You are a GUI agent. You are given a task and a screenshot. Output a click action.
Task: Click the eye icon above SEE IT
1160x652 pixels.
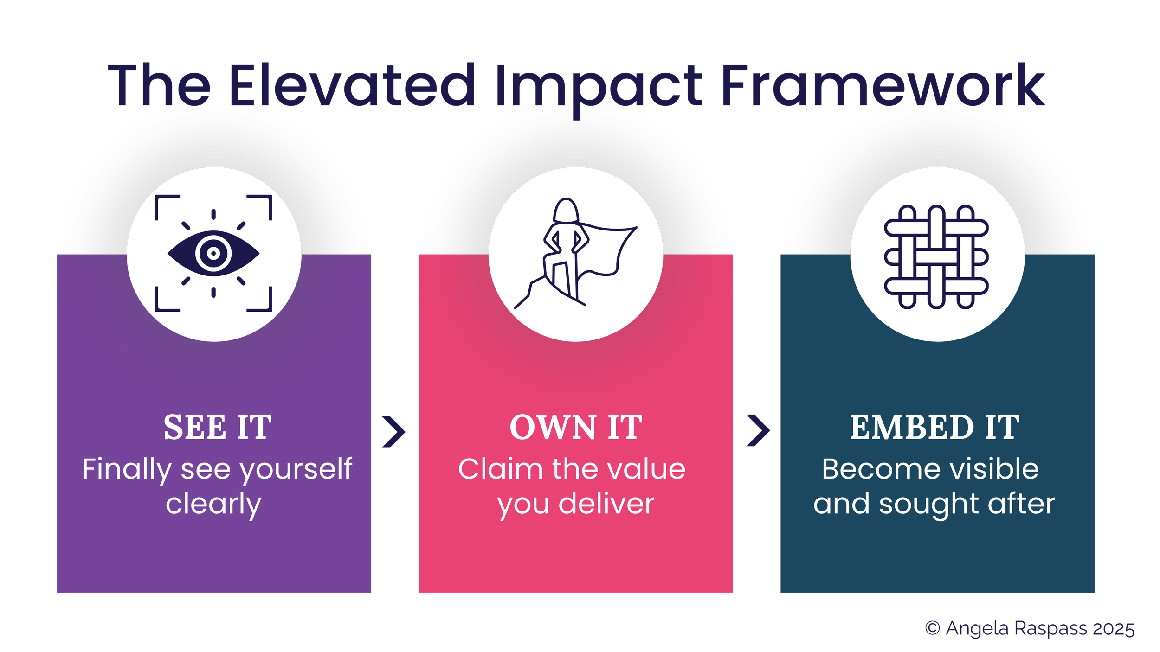(x=213, y=253)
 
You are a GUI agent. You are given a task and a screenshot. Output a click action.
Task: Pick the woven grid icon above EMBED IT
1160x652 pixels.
(x=936, y=256)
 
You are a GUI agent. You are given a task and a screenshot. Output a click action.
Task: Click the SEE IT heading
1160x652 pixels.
(x=217, y=427)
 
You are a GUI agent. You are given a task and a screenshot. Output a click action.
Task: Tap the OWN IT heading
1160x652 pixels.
(x=576, y=427)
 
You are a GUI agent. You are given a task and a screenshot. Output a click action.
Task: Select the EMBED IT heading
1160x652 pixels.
(x=934, y=427)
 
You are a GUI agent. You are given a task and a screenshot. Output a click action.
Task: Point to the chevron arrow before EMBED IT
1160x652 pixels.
(x=759, y=431)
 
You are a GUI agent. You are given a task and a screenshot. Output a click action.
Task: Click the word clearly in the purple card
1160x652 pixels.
(x=213, y=505)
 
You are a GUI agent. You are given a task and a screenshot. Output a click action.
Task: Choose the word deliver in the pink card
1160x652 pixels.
(x=606, y=504)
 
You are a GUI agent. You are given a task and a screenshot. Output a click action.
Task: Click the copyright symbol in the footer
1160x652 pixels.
(x=933, y=628)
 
